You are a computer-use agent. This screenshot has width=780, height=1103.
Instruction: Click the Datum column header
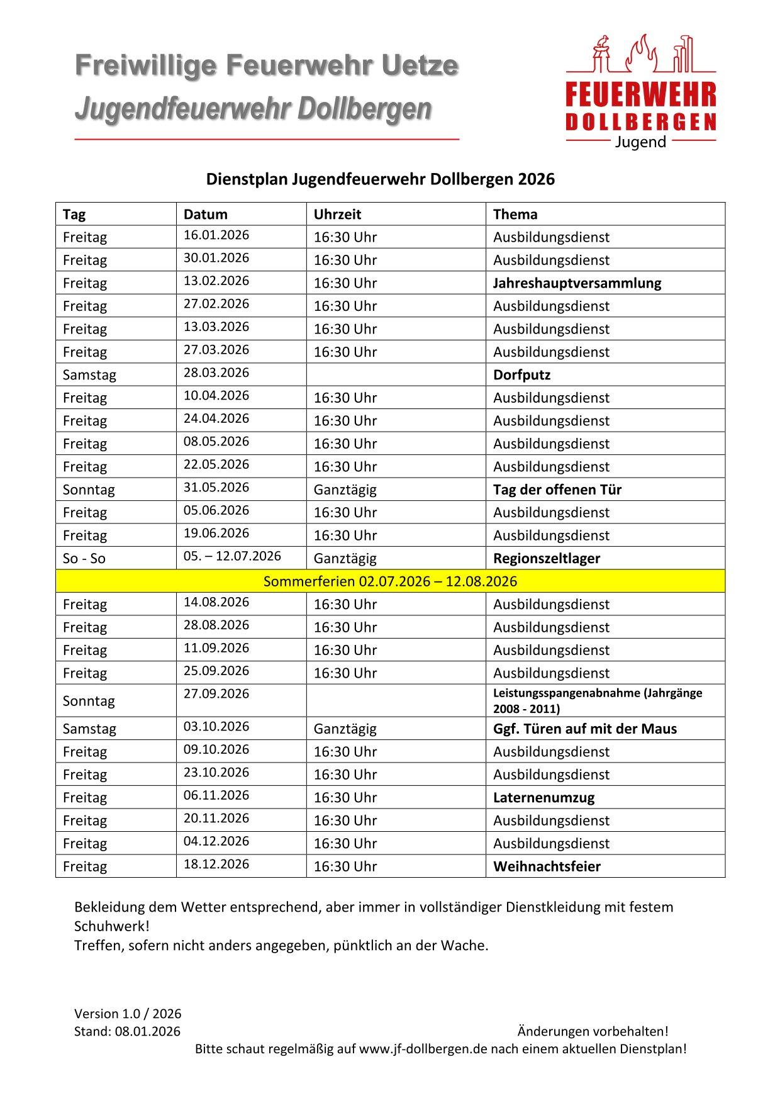point(206,215)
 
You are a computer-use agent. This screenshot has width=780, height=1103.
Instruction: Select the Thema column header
point(515,215)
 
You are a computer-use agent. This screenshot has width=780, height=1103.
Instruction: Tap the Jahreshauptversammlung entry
point(577,283)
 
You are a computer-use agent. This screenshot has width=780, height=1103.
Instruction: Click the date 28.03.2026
point(216,372)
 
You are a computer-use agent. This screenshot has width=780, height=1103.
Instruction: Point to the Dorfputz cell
point(521,375)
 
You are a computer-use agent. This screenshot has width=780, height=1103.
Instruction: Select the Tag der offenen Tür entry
point(557,490)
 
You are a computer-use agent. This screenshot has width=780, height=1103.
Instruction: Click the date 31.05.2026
point(216,487)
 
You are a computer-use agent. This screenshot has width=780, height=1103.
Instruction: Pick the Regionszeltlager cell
point(547,558)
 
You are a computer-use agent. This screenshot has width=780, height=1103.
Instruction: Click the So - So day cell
point(84,558)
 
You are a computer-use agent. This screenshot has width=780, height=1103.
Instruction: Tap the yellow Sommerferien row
point(390,581)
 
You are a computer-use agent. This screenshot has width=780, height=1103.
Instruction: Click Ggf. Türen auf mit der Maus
point(585,729)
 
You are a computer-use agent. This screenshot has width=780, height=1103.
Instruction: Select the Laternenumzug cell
point(543,797)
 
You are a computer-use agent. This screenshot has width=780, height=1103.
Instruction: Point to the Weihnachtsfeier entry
point(547,866)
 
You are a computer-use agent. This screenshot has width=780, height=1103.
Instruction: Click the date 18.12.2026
point(216,864)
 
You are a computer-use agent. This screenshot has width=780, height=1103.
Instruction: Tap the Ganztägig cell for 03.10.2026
point(345,729)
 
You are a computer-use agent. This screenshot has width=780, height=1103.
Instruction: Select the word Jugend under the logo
point(640,142)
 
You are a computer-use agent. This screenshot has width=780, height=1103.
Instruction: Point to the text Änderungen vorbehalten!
point(593,1031)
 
